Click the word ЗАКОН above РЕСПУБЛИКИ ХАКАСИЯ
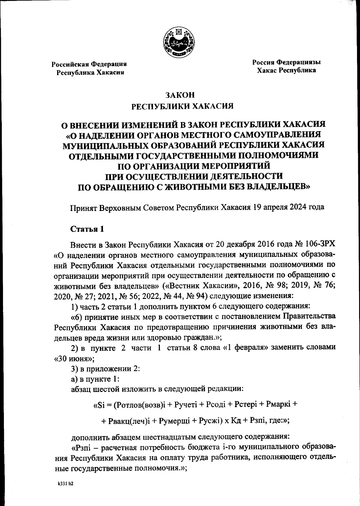(180, 95)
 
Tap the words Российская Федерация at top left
(89, 64)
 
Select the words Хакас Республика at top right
(286, 71)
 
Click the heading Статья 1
(87, 229)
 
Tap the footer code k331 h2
(66, 484)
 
